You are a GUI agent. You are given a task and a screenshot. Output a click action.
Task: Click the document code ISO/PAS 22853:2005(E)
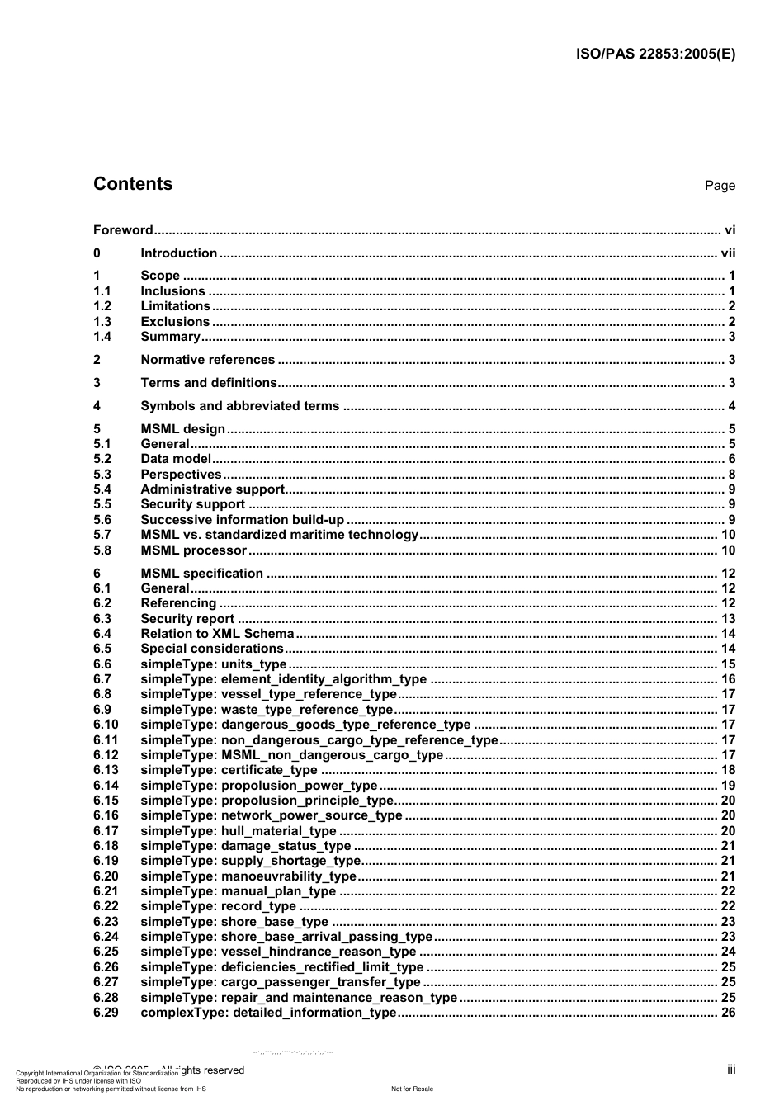pos(655,54)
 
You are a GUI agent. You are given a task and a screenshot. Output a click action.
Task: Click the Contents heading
pos(133,184)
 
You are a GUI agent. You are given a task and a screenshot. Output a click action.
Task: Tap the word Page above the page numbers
pos(720,186)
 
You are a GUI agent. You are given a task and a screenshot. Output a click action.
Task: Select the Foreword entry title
pos(123,230)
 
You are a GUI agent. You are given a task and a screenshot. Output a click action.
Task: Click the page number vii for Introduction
pos(728,253)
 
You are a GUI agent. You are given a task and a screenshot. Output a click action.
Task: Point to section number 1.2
pos(102,306)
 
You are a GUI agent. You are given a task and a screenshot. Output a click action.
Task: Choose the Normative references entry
pos(207,360)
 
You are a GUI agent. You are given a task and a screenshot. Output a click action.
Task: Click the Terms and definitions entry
pos(209,383)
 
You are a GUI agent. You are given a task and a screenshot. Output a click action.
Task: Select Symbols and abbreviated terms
pos(239,406)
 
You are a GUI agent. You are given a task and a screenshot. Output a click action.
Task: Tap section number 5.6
pos(102,520)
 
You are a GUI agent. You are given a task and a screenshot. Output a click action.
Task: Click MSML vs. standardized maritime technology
pos(279,535)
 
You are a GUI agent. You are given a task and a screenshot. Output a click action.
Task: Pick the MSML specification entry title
pos(201,574)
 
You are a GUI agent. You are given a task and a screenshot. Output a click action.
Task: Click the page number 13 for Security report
pos(728,619)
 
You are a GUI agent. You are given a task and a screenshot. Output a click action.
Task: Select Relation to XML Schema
pos(217,634)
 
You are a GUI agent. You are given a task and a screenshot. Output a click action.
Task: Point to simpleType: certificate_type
pos(229,770)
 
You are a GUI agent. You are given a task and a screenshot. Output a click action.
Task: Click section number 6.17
pos(106,831)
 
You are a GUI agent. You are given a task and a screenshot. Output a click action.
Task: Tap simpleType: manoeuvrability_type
pos(248,876)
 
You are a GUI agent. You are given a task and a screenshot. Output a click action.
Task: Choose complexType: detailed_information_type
pos(268,1013)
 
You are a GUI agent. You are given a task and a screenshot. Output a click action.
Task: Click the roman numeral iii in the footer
pos(731,1070)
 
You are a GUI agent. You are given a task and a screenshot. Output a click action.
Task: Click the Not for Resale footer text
pos(412,1089)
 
